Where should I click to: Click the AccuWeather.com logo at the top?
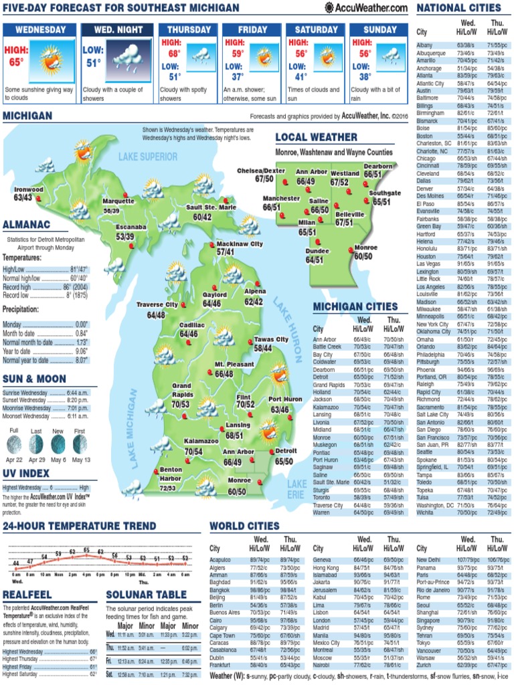pyautogui.click(x=366, y=7)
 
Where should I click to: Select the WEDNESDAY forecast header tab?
pyautogui.click(x=41, y=30)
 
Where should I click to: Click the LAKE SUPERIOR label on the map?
pyautogui.click(x=149, y=157)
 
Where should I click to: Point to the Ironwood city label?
pyautogui.click(x=28, y=190)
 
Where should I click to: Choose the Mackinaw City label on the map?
pyautogui.click(x=239, y=244)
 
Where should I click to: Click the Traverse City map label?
pyautogui.click(x=157, y=305)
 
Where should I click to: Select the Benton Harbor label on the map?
pyautogui.click(x=171, y=474)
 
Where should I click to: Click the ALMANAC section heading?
pyautogui.click(x=26, y=224)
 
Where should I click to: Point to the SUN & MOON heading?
pyautogui.click(x=34, y=379)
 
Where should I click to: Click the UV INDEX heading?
pyautogui.click(x=26, y=474)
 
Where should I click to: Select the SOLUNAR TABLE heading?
pyautogui.click(x=147, y=595)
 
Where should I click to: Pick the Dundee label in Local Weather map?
pyautogui.click(x=317, y=251)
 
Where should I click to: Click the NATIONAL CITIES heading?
pyautogui.click(x=458, y=7)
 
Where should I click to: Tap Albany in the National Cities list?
pyautogui.click(x=425, y=45)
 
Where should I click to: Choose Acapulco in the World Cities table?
pyautogui.click(x=221, y=559)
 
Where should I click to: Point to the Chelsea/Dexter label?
pyautogui.click(x=261, y=171)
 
